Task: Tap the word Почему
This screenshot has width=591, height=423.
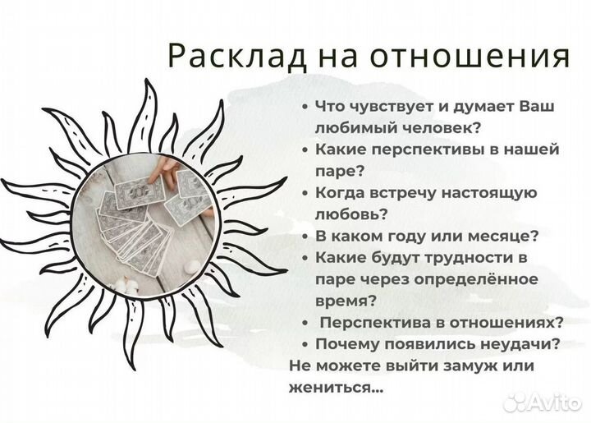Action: [344, 343]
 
